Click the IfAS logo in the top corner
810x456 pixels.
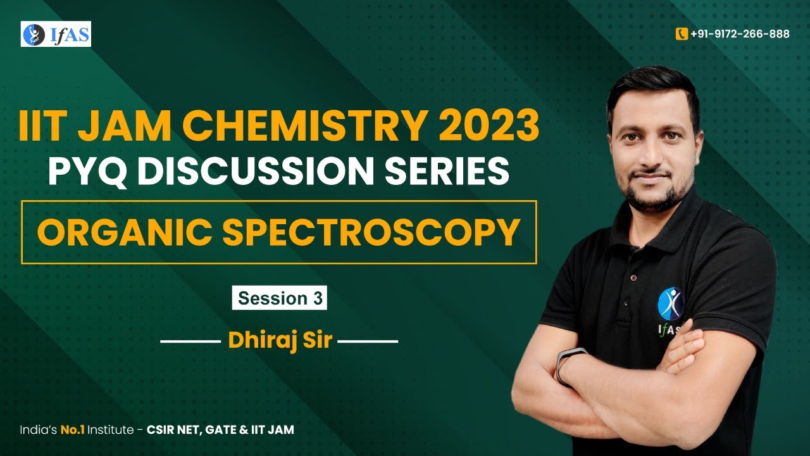point(56,34)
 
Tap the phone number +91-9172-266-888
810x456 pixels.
point(740,34)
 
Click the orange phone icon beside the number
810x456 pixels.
point(682,34)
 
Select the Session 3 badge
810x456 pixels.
point(280,298)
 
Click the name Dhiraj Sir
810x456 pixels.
point(280,342)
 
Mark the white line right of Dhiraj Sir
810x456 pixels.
point(369,342)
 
